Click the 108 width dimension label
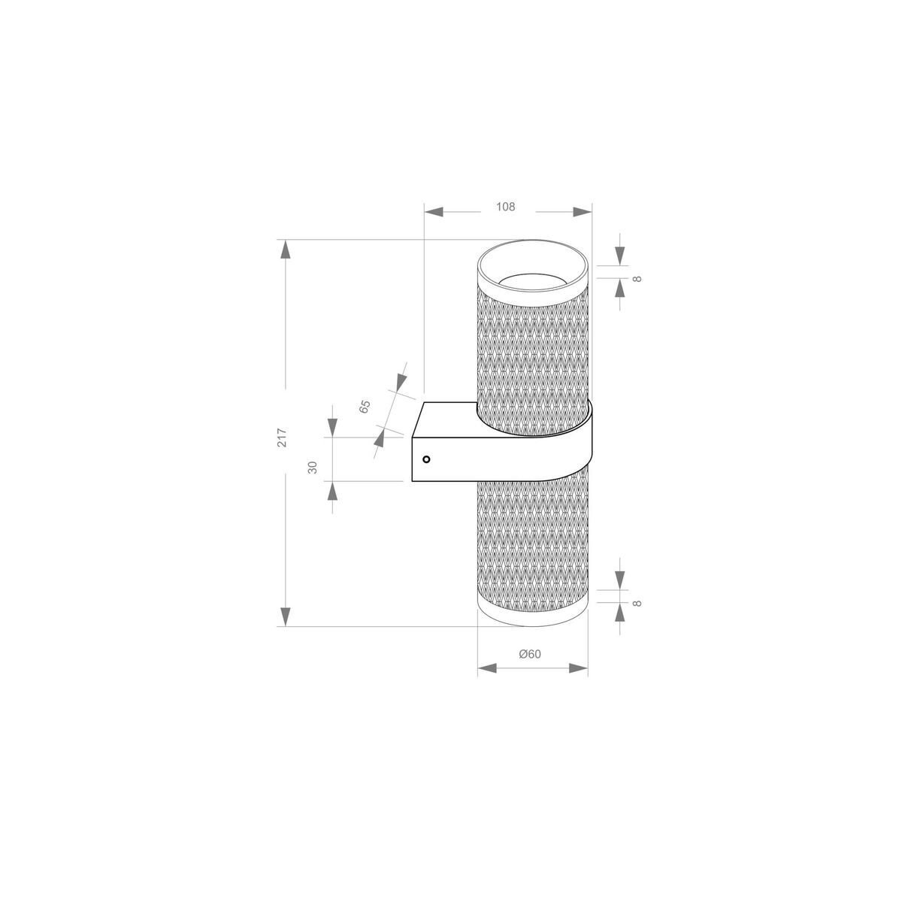(x=507, y=207)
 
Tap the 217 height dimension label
(x=282, y=437)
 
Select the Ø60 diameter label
(x=530, y=654)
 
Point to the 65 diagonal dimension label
(x=365, y=407)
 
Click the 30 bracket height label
(x=313, y=467)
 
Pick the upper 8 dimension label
(x=637, y=279)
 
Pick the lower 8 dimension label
(x=637, y=603)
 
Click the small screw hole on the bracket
(x=426, y=459)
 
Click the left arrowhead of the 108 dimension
(x=434, y=212)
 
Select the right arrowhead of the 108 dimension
(x=583, y=212)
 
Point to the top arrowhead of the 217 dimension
(x=285, y=249)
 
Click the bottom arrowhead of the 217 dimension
(x=285, y=616)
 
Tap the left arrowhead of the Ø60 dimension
(x=487, y=667)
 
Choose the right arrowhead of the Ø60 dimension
(x=579, y=667)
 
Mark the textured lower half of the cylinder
(x=532, y=541)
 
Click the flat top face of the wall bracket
(x=448, y=418)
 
